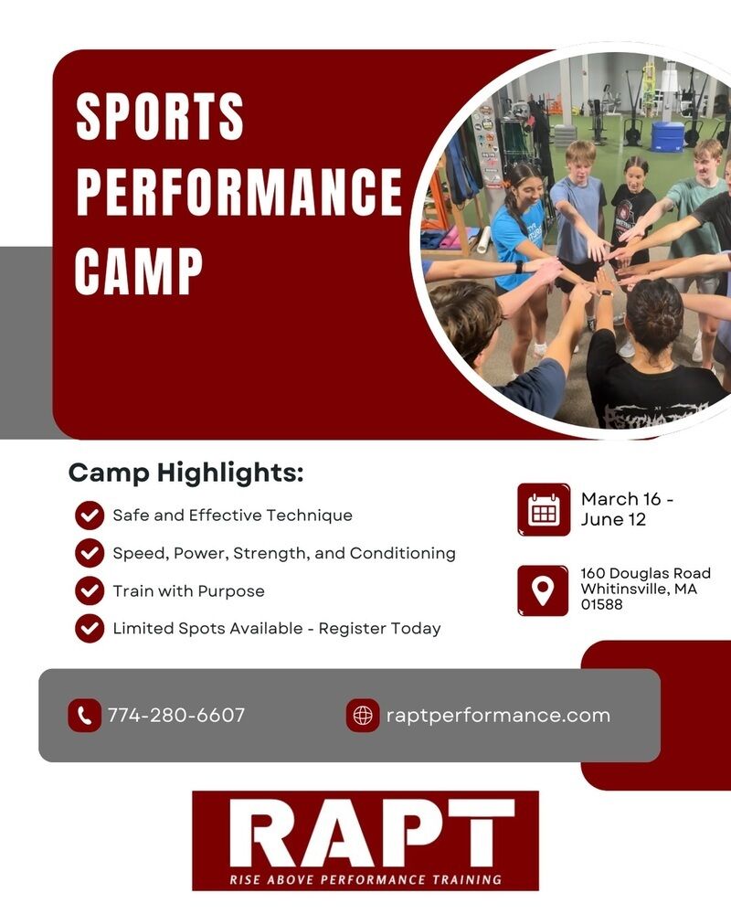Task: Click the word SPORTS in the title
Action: pyautogui.click(x=160, y=116)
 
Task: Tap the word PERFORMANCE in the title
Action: pyautogui.click(x=239, y=192)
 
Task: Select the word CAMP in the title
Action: pyautogui.click(x=139, y=270)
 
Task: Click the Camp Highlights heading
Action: pyautogui.click(x=186, y=473)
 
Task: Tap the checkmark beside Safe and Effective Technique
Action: pyautogui.click(x=90, y=515)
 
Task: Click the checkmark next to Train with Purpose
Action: pyautogui.click(x=90, y=590)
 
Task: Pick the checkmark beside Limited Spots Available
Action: pyautogui.click(x=90, y=629)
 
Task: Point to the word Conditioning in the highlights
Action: pyautogui.click(x=403, y=553)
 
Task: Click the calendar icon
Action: pyautogui.click(x=544, y=509)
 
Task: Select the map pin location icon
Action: pyautogui.click(x=543, y=590)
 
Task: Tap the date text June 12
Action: pyautogui.click(x=613, y=519)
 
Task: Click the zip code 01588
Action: pyautogui.click(x=601, y=604)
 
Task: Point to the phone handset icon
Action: pyautogui.click(x=85, y=716)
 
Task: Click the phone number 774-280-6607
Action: pyautogui.click(x=176, y=716)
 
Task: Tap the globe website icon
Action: pyautogui.click(x=363, y=716)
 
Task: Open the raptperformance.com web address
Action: pyautogui.click(x=498, y=716)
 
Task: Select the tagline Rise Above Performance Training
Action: pyautogui.click(x=365, y=879)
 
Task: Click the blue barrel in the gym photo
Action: pyautogui.click(x=667, y=136)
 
